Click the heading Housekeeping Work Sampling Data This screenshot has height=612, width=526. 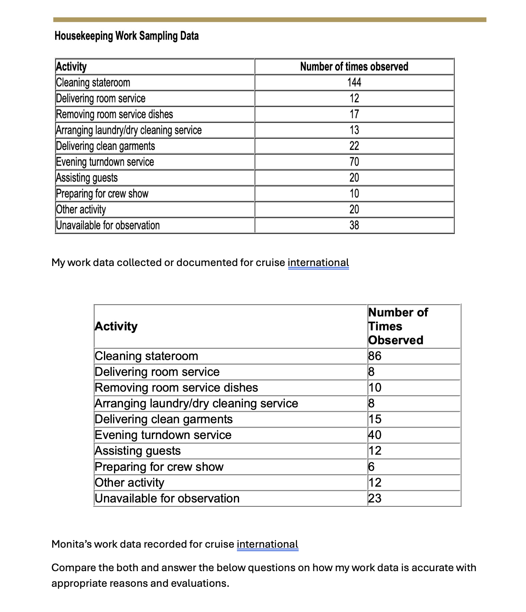tap(127, 36)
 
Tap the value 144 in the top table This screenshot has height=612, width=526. tap(354, 83)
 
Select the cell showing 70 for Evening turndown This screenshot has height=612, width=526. tap(354, 162)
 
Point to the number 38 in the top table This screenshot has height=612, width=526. tap(354, 225)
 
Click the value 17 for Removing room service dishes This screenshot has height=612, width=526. tap(354, 114)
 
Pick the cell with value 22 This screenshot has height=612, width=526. tap(354, 146)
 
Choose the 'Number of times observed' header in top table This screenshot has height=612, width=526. tap(354, 67)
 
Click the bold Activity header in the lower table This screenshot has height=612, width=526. tap(116, 326)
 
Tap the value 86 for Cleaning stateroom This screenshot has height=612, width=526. tap(375, 356)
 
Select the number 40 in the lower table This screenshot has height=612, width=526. tap(375, 435)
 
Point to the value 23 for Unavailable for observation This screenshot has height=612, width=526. tap(375, 498)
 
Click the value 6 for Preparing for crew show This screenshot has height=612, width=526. tap(371, 467)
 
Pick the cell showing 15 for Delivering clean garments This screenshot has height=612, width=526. tap(375, 419)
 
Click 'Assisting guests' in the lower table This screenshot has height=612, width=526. tap(137, 451)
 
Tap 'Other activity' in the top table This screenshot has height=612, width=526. tap(81, 210)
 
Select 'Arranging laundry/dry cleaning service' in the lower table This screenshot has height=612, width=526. tap(196, 403)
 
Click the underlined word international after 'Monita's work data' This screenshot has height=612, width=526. tap(267, 544)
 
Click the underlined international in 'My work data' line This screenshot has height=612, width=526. tap(318, 263)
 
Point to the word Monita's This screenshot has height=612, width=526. tap(71, 544)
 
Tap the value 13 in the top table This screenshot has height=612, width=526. tap(354, 130)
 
